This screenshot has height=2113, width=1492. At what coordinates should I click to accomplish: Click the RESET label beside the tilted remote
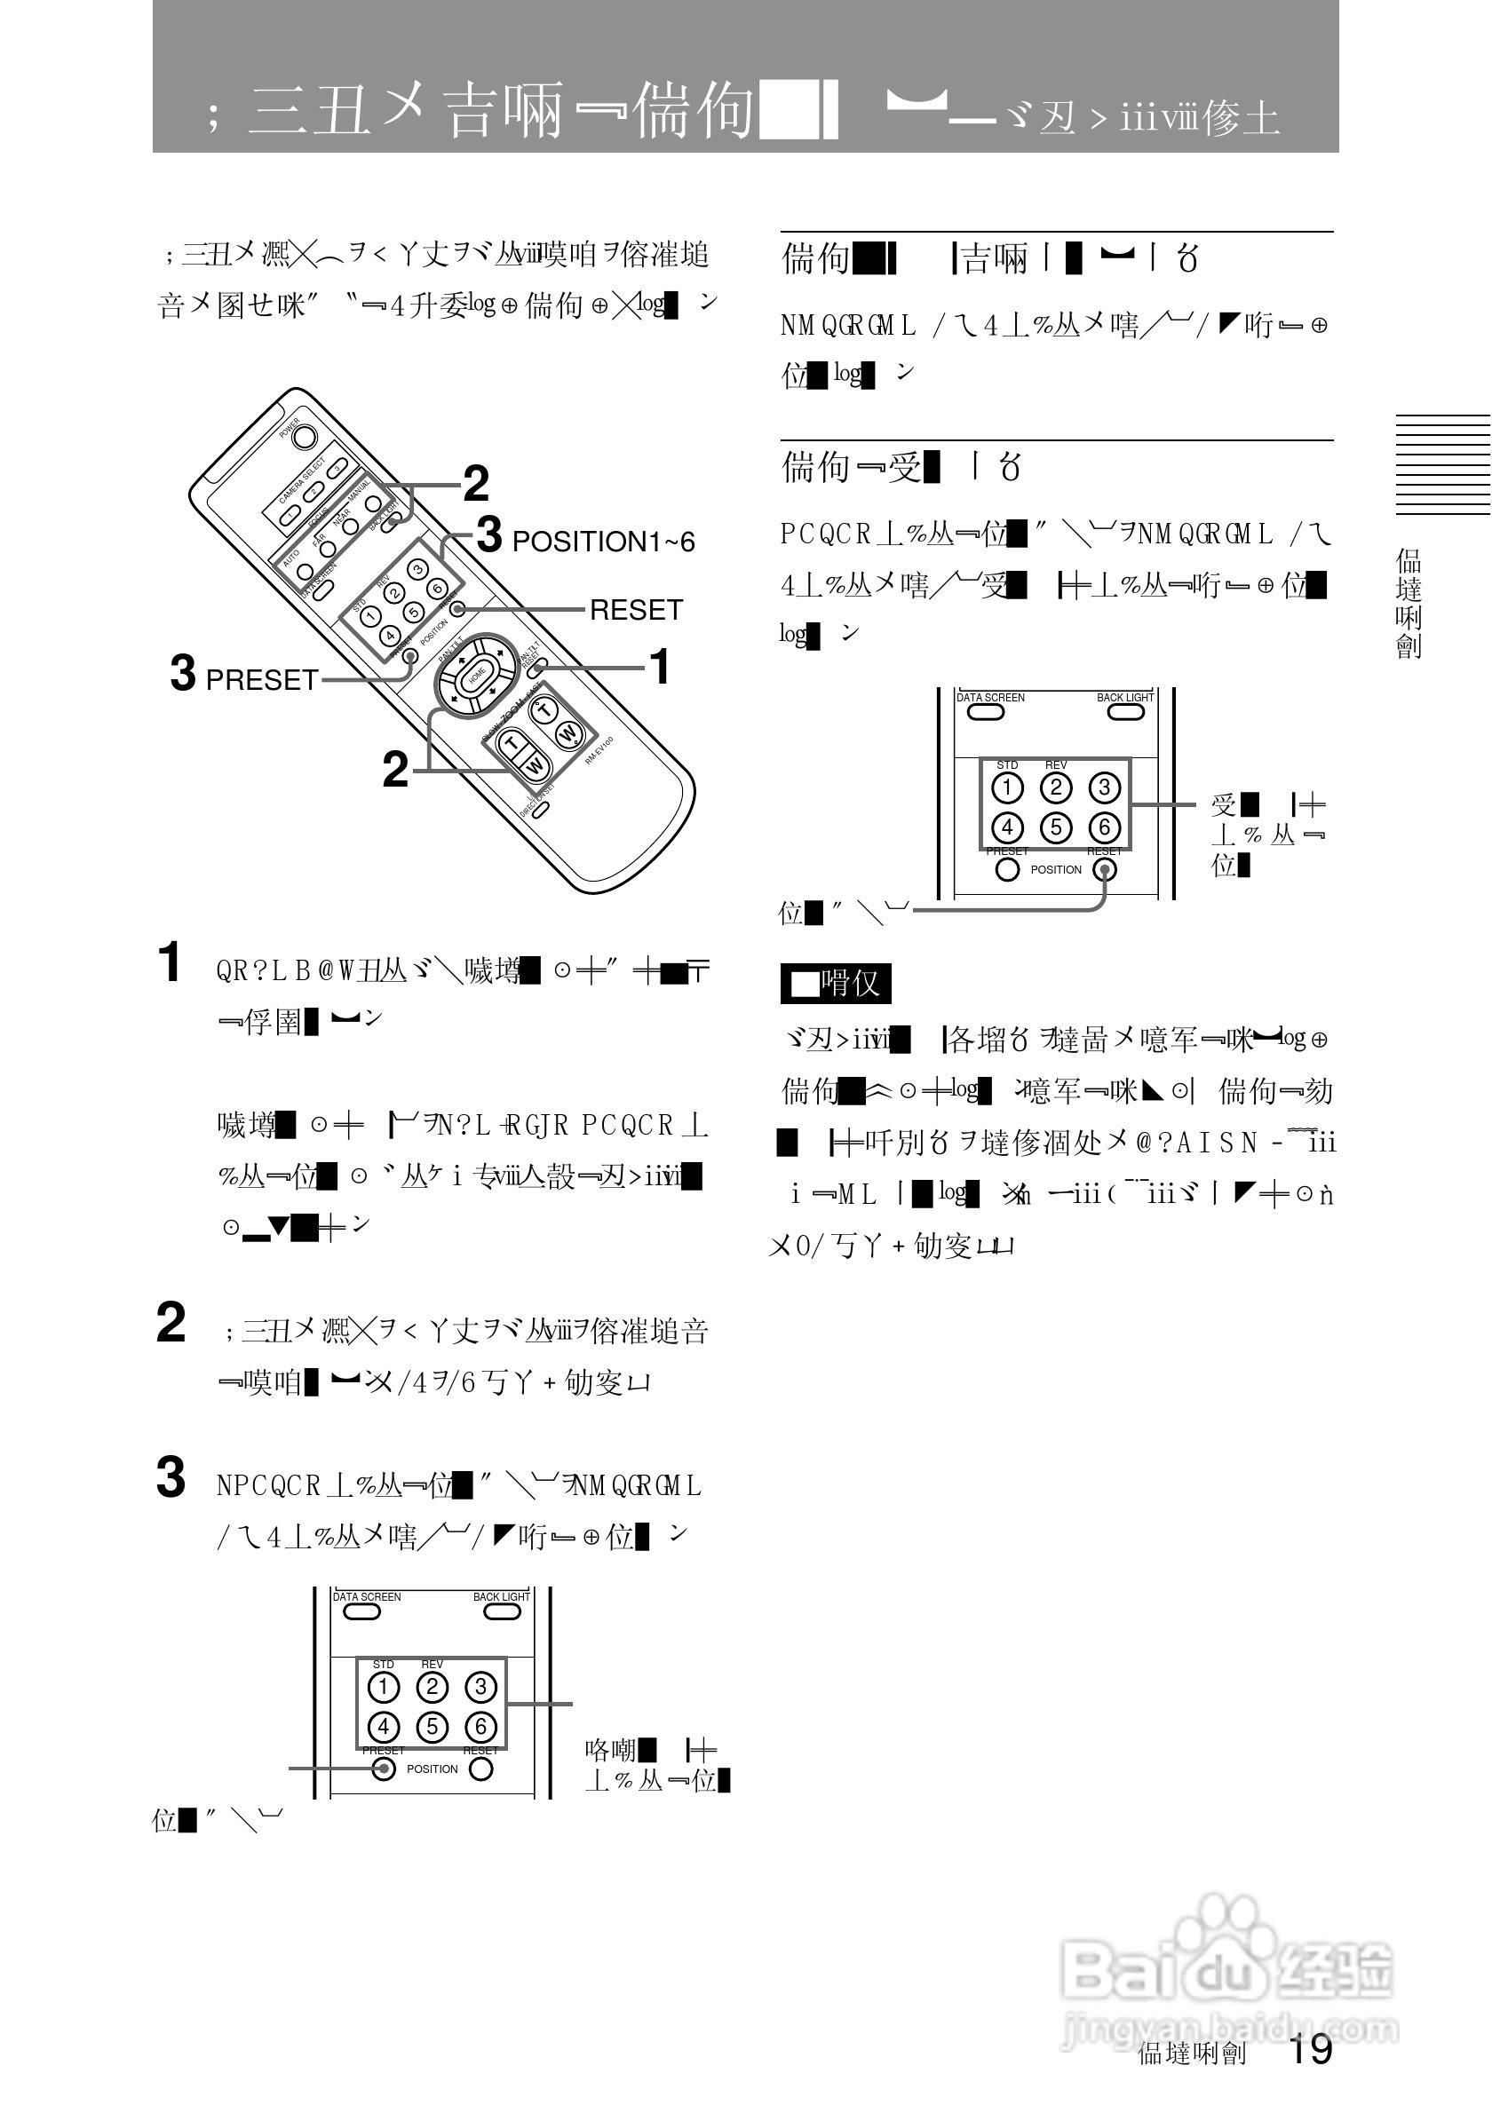click(635, 610)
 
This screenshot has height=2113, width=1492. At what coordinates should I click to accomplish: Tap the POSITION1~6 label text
click(603, 542)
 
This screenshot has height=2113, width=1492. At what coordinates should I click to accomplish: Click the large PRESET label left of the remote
click(261, 680)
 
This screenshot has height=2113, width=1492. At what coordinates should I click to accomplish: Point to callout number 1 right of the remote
click(660, 668)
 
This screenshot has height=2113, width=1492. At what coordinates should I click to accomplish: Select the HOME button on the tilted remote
click(477, 677)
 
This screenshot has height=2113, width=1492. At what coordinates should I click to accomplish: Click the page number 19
click(1310, 2049)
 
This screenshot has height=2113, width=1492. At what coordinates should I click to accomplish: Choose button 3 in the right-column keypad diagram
click(1105, 787)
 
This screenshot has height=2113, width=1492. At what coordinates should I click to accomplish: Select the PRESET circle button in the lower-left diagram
click(384, 1769)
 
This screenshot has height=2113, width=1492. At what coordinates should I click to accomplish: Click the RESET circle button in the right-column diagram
click(1104, 869)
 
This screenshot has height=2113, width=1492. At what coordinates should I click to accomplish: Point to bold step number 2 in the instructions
click(171, 1323)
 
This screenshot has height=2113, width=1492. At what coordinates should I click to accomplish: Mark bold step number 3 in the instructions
click(171, 1478)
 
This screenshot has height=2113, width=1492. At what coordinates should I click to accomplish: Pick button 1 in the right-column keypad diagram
click(1008, 787)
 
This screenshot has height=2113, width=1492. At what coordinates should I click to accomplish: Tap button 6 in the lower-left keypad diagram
click(480, 1727)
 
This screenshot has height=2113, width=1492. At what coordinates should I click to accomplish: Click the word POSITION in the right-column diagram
click(1056, 870)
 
